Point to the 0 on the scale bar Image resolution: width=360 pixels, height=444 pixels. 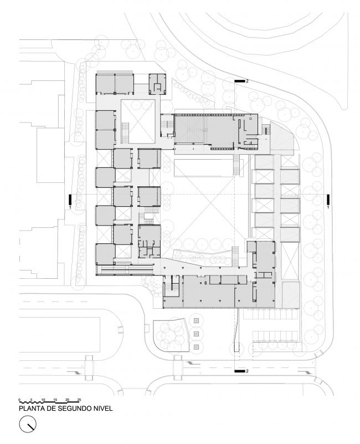[x=19, y=399]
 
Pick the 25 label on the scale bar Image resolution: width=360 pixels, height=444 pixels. [x=79, y=399]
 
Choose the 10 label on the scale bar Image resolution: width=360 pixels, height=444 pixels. [x=43, y=399]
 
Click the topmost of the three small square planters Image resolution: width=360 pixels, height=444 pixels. [x=197, y=320]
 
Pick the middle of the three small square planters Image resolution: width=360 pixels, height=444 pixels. [x=197, y=334]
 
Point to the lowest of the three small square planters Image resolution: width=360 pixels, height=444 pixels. [x=197, y=347]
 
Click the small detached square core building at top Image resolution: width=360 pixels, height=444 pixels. [x=158, y=83]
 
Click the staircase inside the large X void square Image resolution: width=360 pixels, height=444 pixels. [x=125, y=132]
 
